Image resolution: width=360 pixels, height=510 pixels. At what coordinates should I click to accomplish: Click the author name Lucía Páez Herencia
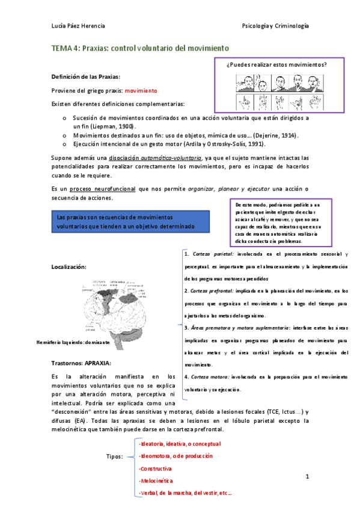point(79,26)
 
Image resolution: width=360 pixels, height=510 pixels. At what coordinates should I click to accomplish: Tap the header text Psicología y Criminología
point(275,26)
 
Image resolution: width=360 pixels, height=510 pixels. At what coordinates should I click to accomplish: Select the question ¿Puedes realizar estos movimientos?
point(276,64)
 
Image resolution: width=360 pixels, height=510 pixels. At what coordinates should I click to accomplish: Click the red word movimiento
point(140,90)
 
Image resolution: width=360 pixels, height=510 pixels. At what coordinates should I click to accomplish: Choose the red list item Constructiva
point(155,468)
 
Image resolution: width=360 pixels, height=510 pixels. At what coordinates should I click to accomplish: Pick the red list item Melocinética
point(156,481)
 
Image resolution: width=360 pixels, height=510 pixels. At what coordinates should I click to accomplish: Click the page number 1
point(307,477)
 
